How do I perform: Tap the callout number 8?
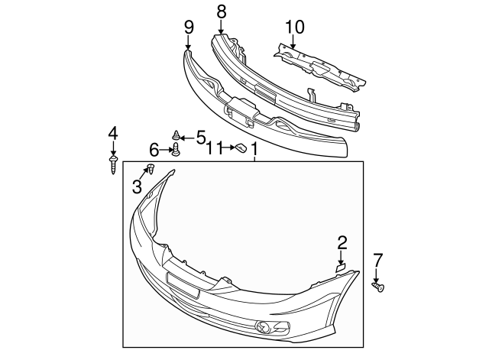[222, 12]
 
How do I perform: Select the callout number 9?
[189, 28]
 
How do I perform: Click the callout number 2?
[342, 243]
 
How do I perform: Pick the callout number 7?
[377, 259]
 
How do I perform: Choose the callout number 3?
[138, 186]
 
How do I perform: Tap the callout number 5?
[201, 137]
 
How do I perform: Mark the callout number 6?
[154, 148]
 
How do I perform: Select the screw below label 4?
[113, 163]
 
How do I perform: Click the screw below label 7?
[378, 287]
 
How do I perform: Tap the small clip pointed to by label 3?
[151, 168]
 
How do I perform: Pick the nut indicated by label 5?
[176, 136]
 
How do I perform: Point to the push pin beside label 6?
[176, 150]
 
